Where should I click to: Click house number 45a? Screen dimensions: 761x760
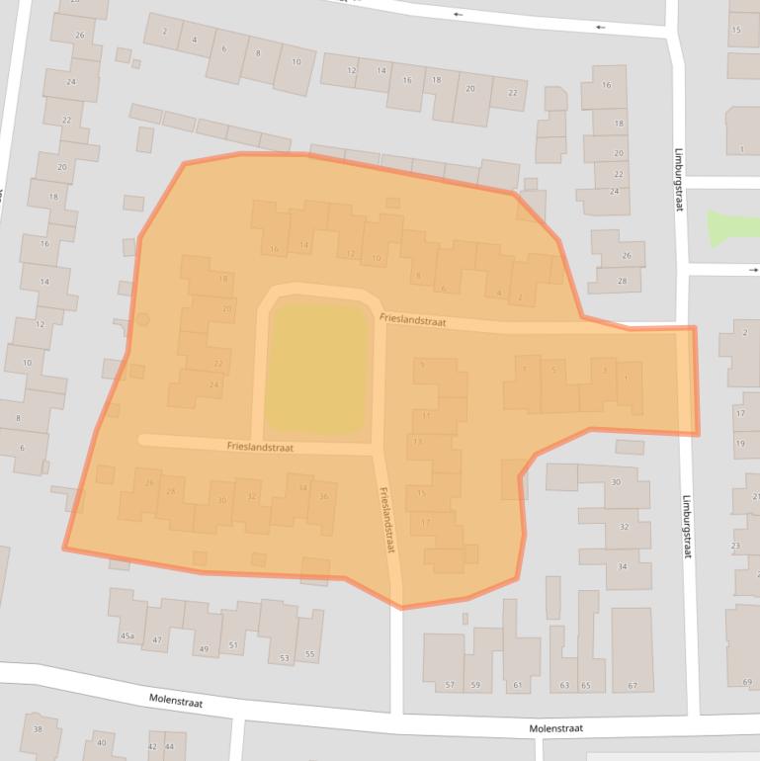coord(127,636)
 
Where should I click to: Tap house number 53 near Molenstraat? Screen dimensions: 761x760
coord(284,658)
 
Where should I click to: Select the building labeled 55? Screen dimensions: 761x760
coord(310,654)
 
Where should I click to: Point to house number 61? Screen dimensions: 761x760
coord(516,685)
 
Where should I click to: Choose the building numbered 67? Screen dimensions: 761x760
coord(632,685)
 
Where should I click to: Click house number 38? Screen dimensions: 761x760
coord(39,729)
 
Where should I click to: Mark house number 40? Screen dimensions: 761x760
coord(101,743)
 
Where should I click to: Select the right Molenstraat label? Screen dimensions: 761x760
coord(555,728)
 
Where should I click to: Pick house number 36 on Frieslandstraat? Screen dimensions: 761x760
coord(323,496)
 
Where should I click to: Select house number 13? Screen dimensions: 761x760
coord(418,441)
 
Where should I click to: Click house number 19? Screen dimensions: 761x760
coord(740,443)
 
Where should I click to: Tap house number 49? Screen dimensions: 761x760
coord(204,649)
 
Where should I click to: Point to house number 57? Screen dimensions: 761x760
coord(450,685)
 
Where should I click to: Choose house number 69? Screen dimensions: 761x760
coord(747,682)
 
